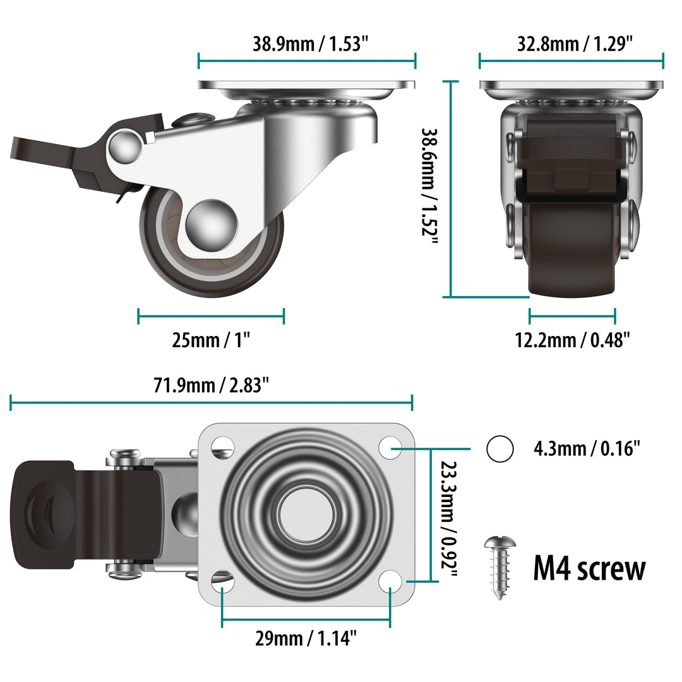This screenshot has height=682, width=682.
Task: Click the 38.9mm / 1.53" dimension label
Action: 310,44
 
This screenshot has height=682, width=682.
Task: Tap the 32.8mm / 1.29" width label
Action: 575,44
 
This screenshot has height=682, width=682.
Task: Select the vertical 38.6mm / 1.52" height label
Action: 430,189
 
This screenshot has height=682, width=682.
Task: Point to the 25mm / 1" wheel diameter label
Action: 212,340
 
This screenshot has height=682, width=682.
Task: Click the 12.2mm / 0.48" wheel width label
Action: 573,340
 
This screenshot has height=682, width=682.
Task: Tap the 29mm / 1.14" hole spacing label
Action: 306,638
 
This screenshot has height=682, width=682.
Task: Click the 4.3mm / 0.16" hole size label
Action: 587,449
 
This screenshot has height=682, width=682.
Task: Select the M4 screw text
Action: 589,568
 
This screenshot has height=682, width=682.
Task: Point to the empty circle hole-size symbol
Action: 500,449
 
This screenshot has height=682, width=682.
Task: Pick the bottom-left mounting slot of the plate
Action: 222,580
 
